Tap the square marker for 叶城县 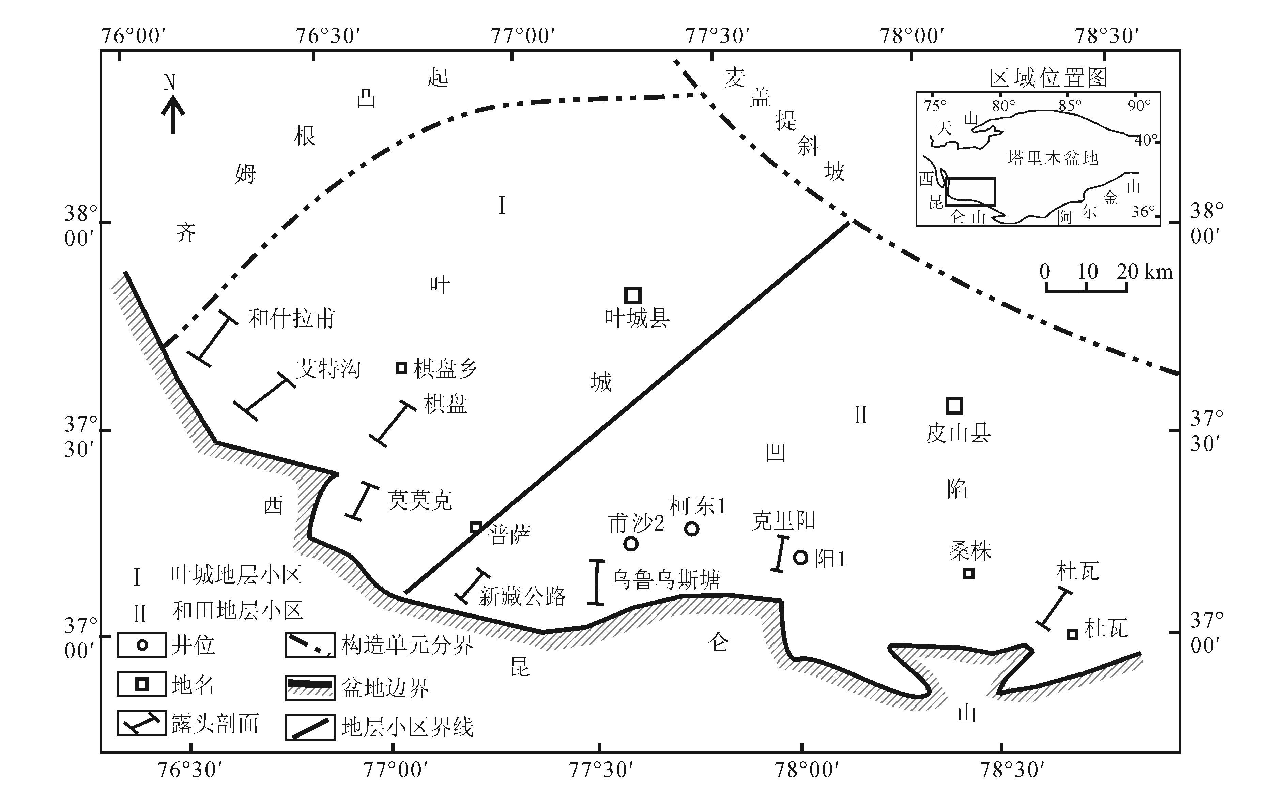(632, 295)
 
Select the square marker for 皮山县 (955, 406)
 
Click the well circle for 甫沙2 (631, 544)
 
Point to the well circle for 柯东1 (691, 529)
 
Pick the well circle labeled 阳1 (800, 558)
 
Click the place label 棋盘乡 (445, 368)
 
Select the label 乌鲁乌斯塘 (665, 579)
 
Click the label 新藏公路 (522, 597)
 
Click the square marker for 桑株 (969, 573)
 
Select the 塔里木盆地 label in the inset (1053, 158)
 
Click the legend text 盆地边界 (385, 688)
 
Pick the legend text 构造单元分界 (407, 646)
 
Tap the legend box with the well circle (141, 645)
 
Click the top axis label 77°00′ (523, 36)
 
